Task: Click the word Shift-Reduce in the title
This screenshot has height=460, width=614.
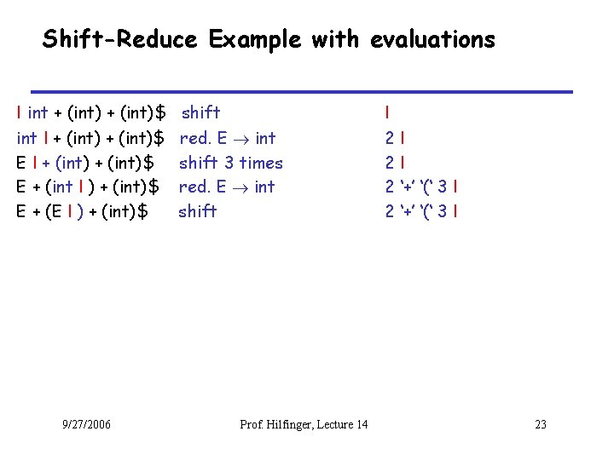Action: (x=120, y=39)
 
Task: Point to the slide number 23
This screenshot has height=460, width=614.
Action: (x=540, y=424)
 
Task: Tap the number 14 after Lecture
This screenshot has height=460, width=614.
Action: (x=361, y=424)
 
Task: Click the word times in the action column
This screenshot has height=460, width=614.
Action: (x=260, y=162)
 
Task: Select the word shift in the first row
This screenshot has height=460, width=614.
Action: (x=201, y=112)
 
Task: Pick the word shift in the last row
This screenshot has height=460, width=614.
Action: (x=198, y=211)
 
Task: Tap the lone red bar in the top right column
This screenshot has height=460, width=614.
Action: (x=387, y=112)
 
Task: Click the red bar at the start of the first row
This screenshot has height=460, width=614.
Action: (x=20, y=112)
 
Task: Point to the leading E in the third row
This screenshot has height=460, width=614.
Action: (x=21, y=162)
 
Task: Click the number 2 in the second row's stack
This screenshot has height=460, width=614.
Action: (x=389, y=138)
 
